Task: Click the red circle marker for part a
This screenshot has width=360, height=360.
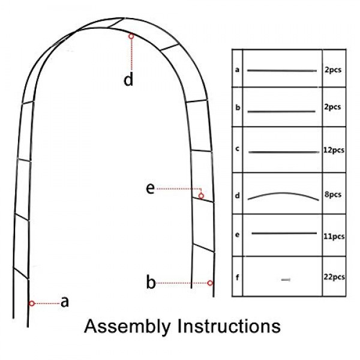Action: click(x=32, y=304)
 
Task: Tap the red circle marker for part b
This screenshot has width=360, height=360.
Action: click(x=210, y=283)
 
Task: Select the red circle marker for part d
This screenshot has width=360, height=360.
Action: click(x=131, y=36)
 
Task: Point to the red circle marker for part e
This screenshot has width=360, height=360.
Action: click(x=201, y=196)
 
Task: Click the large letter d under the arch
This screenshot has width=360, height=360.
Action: click(x=128, y=79)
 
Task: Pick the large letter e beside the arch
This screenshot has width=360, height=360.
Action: click(x=151, y=189)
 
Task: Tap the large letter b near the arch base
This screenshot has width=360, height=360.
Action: click(x=151, y=282)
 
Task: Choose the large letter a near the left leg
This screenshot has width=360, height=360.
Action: click(x=65, y=302)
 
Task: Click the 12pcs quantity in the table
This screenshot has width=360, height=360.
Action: click(x=334, y=151)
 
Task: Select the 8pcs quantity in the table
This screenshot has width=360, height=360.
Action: click(x=333, y=194)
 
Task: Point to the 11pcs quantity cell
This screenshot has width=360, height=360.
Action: click(x=334, y=236)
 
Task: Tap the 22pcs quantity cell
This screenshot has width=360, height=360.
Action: click(x=334, y=277)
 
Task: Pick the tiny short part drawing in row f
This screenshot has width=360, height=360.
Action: click(x=286, y=280)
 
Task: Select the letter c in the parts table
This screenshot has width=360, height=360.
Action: click(x=238, y=149)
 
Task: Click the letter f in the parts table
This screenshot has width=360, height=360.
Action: click(x=238, y=277)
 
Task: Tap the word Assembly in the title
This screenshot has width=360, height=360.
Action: click(x=127, y=327)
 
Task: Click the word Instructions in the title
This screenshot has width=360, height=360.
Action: click(x=229, y=326)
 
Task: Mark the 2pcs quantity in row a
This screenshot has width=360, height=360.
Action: click(x=333, y=70)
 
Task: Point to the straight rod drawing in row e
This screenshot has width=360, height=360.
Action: click(x=284, y=233)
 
